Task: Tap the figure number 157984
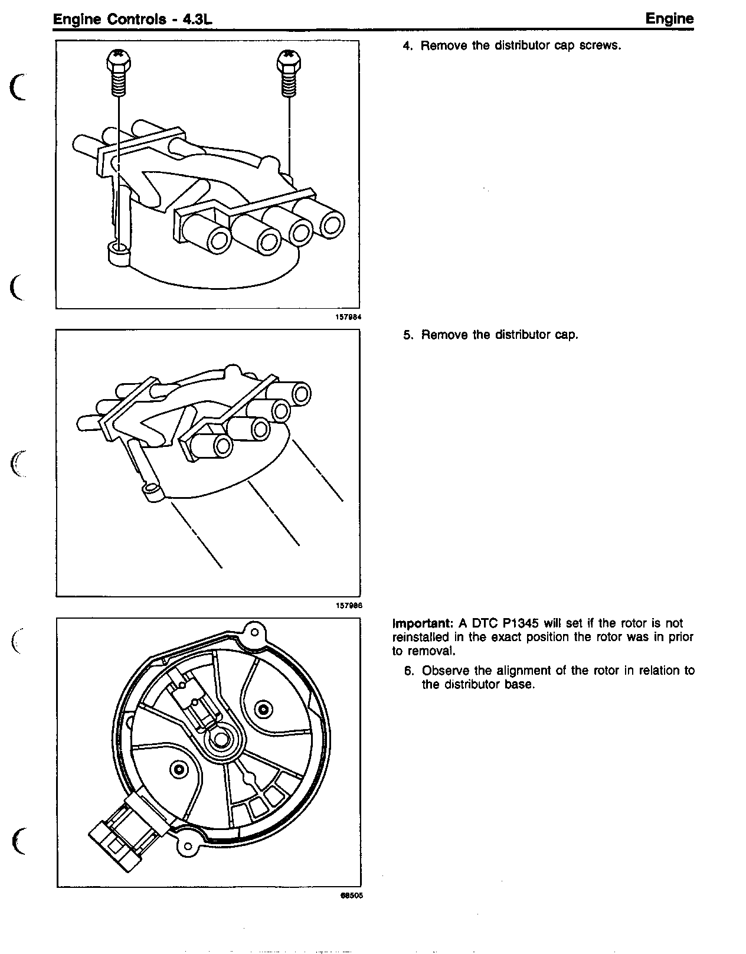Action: (348, 317)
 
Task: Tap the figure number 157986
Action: (348, 605)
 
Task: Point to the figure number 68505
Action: (351, 895)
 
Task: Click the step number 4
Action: (407, 46)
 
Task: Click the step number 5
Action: (407, 335)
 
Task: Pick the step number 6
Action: (408, 671)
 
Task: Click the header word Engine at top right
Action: (669, 18)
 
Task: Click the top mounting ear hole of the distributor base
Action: (255, 632)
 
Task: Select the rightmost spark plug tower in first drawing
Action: (332, 225)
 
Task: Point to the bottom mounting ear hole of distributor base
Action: (188, 848)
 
